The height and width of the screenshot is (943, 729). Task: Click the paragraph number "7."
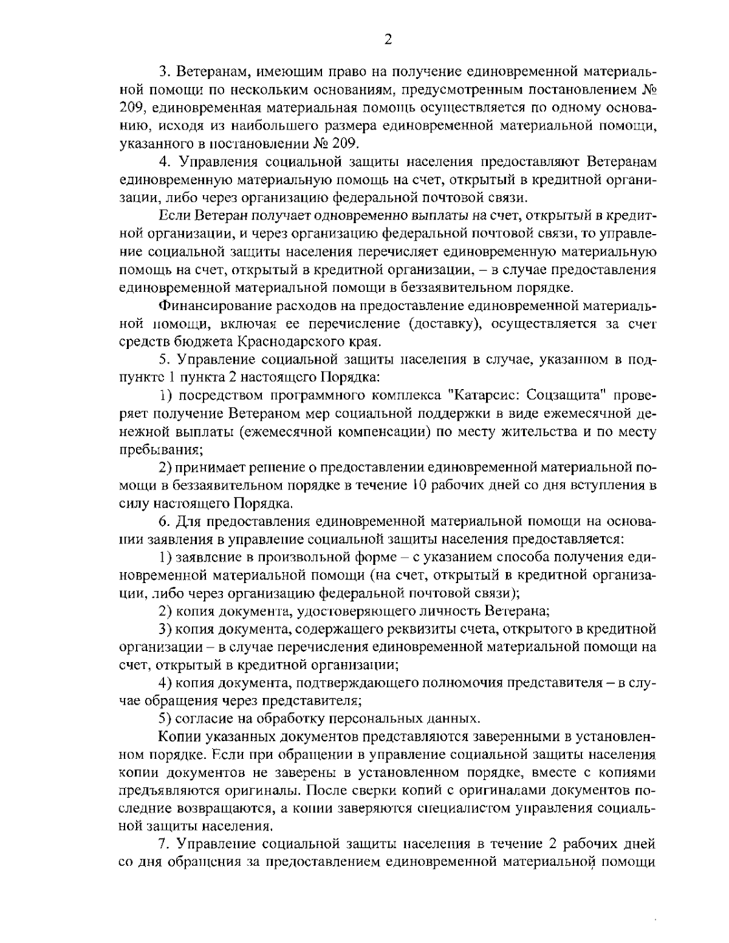[x=163, y=845]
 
